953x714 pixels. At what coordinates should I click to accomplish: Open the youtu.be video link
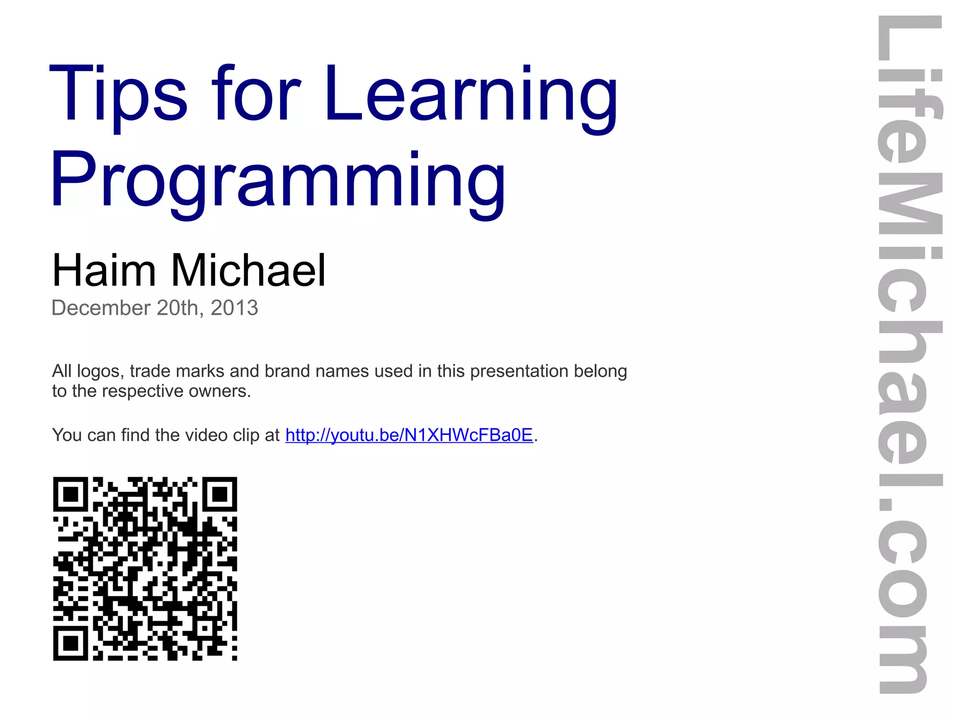409,435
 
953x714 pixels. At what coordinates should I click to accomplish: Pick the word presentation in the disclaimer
519,372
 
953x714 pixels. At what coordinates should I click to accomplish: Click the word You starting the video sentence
67,435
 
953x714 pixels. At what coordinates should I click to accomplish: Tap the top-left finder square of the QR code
70,494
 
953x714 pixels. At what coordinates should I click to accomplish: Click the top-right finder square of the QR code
220,494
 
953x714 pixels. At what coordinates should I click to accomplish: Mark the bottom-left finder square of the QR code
70,643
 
